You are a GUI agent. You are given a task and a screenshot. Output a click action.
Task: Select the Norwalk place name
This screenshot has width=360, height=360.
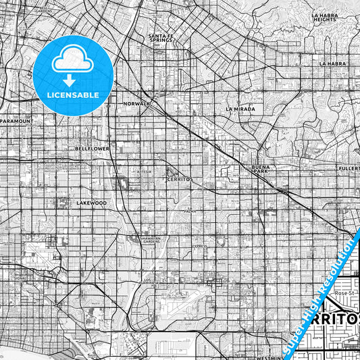pyautogui.click(x=137, y=103)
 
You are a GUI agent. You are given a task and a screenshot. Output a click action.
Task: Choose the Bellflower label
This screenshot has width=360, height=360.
pyautogui.click(x=92, y=148)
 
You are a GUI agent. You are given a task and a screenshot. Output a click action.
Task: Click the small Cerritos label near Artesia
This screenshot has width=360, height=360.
pyautogui.click(x=180, y=180)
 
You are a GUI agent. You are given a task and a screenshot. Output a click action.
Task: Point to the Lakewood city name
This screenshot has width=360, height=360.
pyautogui.click(x=92, y=203)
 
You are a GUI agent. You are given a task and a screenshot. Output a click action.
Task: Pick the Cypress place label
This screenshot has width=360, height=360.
pyautogui.click(x=199, y=247)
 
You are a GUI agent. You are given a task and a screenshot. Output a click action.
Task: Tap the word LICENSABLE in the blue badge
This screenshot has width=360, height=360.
pyautogui.click(x=74, y=95)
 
